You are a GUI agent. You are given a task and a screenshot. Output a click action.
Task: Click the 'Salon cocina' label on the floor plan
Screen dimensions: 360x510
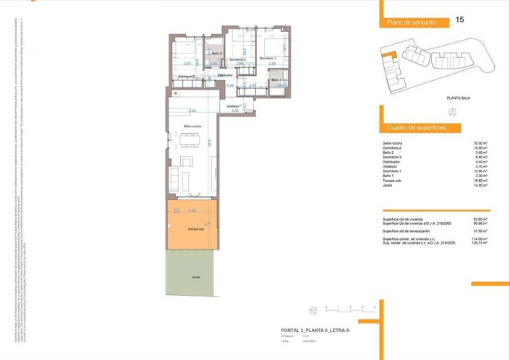pos(192,127)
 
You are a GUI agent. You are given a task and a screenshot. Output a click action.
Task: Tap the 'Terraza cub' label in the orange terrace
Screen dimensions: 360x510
pos(195,228)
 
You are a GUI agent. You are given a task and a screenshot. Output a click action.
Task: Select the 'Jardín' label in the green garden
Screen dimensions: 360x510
pos(195,277)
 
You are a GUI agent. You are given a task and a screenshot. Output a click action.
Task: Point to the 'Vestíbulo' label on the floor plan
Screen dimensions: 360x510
pos(232,106)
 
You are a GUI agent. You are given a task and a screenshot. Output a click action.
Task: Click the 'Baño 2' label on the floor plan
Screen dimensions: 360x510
pos(216,53)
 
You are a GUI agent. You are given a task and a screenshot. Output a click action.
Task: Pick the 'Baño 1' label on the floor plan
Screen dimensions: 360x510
pos(276,80)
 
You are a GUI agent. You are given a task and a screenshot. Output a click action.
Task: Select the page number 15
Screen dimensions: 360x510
pos(459,20)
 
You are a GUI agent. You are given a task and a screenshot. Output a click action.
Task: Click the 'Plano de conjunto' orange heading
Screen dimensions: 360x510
pos(410,23)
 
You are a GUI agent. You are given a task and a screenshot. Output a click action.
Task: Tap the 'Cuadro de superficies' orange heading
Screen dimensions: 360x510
pos(416,128)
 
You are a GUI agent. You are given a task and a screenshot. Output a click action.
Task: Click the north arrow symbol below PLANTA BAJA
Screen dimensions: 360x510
pos(453,112)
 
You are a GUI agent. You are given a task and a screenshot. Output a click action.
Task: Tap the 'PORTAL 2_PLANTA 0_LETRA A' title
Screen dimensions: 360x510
pos(315,329)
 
